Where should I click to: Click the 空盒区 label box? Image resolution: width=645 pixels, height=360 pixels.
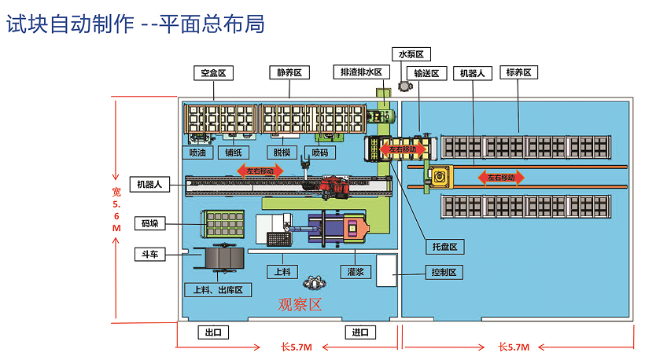(213, 73)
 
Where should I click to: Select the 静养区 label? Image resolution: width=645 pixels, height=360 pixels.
(289, 73)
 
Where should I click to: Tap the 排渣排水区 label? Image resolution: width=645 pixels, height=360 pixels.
(361, 72)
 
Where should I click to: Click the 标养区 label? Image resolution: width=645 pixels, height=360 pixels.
(519, 73)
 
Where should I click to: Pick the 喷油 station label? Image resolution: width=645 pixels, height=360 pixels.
(198, 152)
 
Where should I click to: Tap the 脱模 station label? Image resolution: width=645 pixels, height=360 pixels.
(278, 152)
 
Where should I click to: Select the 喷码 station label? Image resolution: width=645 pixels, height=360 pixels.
(319, 152)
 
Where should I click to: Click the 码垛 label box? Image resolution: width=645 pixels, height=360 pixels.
(149, 223)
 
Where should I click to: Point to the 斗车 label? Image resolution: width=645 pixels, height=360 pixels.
(149, 254)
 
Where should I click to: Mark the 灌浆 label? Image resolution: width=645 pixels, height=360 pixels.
(355, 272)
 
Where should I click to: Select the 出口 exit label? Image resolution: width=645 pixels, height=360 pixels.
(213, 332)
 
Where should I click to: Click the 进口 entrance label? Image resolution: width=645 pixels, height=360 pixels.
(360, 332)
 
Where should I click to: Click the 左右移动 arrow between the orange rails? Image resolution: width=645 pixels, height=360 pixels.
(501, 178)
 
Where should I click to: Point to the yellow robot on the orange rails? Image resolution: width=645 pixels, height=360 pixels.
(437, 176)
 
